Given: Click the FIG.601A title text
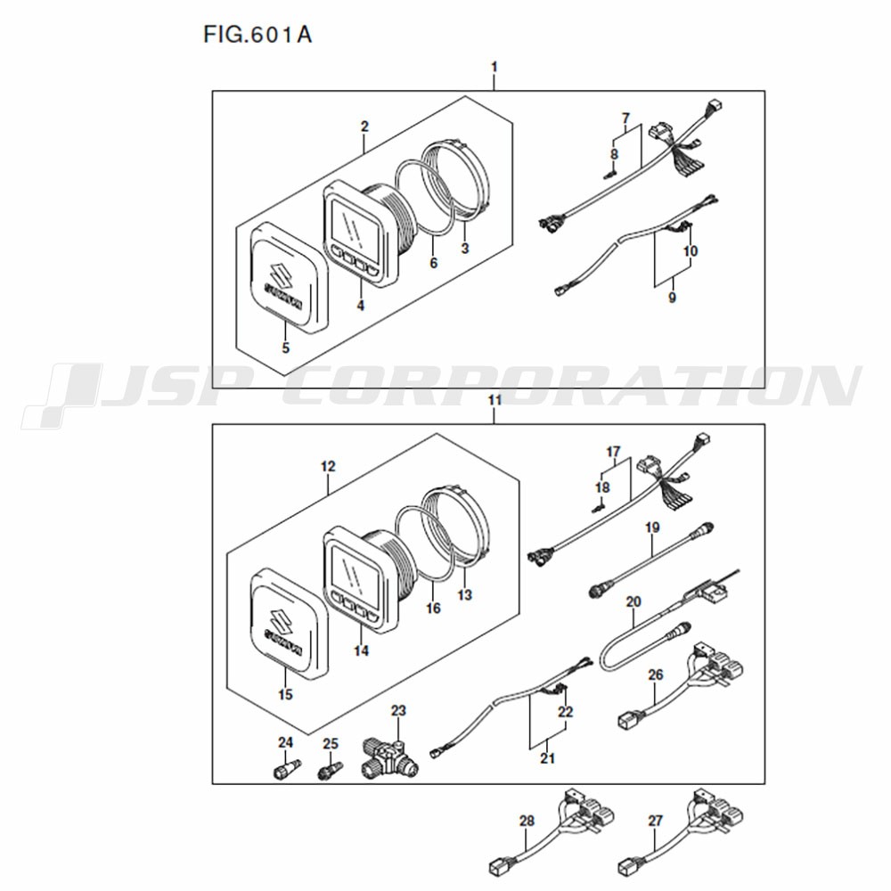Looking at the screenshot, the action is (x=257, y=35).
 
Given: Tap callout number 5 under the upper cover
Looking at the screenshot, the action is (x=285, y=347).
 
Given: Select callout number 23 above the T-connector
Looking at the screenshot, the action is (x=398, y=710).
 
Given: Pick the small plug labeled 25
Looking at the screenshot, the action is (x=330, y=770).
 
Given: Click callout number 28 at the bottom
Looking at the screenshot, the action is (x=527, y=821).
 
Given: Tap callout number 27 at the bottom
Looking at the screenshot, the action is (x=655, y=821).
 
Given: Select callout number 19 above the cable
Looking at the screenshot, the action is (x=652, y=527).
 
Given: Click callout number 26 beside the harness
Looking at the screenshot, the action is (x=655, y=674).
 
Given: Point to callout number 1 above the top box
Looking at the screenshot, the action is (x=494, y=67).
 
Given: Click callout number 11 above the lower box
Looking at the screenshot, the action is (x=495, y=400).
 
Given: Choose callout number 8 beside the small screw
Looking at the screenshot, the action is (x=614, y=154).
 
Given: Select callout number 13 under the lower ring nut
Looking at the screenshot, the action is (x=464, y=594).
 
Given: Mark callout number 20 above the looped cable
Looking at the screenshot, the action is (x=633, y=601).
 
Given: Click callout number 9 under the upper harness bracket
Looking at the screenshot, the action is (x=672, y=298).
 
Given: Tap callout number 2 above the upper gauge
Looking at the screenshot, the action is (x=364, y=127).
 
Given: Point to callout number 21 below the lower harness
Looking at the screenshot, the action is (x=547, y=757).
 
